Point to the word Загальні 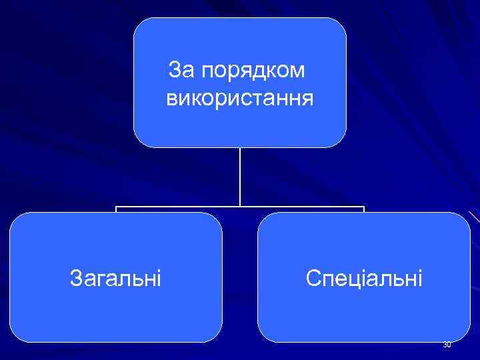(x=115, y=277)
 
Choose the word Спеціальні (x=364, y=277)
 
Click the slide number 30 (x=447, y=345)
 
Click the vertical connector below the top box (x=240, y=177)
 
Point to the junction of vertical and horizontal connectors (x=240, y=207)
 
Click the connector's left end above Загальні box (x=116, y=209)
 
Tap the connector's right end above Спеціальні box (x=364, y=209)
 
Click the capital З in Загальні (x=75, y=277)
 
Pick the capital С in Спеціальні (x=313, y=277)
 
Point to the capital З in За (x=174, y=69)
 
